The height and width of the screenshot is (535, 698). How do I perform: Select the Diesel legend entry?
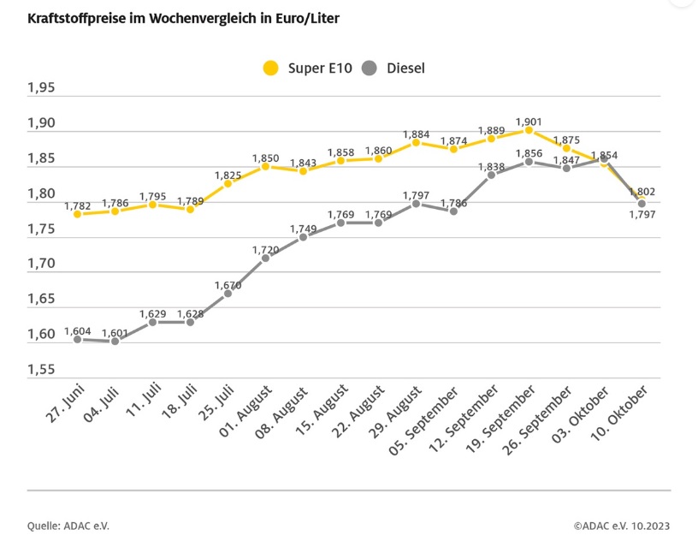394,68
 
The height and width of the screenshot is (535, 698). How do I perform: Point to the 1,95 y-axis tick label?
40,88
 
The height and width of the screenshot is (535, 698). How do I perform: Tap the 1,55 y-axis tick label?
40,370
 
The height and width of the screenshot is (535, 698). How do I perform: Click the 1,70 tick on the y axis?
40,264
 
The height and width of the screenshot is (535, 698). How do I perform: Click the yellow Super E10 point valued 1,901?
529,130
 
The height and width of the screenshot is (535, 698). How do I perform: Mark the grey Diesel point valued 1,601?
115,342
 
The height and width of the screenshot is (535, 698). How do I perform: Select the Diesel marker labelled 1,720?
265,258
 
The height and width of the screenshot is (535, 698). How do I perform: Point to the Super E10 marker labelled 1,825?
228,183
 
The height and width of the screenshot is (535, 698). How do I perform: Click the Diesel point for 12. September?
491,175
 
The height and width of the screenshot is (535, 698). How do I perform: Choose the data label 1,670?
228,285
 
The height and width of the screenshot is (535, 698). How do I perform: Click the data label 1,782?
77,205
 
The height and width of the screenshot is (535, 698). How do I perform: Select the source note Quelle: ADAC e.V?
68,525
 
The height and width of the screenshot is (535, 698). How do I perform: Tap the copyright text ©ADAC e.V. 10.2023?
622,525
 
